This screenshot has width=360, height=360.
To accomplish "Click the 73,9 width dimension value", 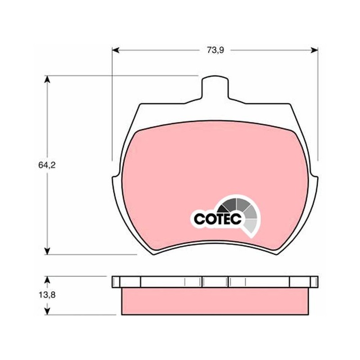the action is coord(216,50).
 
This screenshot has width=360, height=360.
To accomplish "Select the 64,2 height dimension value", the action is coord(47,165).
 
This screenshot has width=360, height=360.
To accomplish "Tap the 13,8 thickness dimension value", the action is coord(47,295).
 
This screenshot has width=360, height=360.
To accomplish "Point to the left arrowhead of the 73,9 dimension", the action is coord(116,50).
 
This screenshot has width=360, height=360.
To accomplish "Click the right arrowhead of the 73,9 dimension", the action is coord(314,50).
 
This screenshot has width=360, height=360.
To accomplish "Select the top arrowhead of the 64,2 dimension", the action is coord(47,79).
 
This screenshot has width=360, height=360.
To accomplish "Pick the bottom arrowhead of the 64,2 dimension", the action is coord(47,251).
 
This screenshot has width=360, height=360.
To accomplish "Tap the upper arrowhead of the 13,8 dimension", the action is coord(47,279).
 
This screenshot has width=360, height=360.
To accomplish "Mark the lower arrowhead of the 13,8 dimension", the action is coord(47,311).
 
